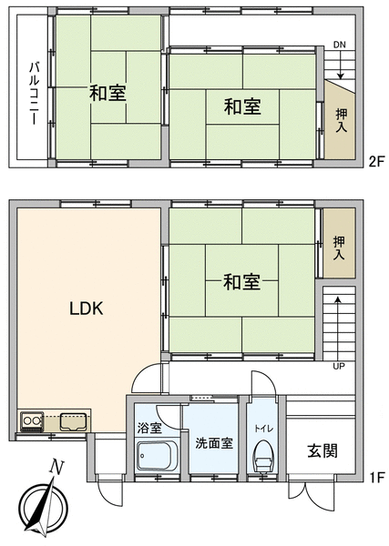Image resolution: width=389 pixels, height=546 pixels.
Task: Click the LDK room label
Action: pyautogui.click(x=87, y=308)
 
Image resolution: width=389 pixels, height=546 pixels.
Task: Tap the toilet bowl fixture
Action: pyautogui.click(x=264, y=455)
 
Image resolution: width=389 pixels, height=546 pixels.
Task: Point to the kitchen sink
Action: pyautogui.click(x=73, y=421)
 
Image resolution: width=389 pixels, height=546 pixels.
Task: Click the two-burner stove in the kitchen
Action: pyautogui.click(x=32, y=421)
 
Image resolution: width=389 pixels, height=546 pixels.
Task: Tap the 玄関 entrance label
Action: pyautogui.click(x=322, y=451)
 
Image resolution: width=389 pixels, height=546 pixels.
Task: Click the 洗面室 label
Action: pyautogui.click(x=214, y=443)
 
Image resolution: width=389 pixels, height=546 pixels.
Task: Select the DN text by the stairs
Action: pyautogui.click(x=340, y=45)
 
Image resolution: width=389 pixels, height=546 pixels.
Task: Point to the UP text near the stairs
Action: pyautogui.click(x=339, y=366)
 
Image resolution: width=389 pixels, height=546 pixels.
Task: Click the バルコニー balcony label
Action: pyautogui.click(x=34, y=93)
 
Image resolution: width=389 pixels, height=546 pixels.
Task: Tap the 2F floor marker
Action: pyautogui.click(x=376, y=162)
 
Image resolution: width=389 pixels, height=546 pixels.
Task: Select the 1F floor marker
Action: pyautogui.click(x=376, y=477)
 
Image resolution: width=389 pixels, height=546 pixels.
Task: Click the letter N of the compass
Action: pyautogui.click(x=56, y=467)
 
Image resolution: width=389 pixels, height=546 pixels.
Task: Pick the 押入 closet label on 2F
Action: pyautogui.click(x=342, y=120)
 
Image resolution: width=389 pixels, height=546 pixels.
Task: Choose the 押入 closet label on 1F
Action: pyautogui.click(x=339, y=248)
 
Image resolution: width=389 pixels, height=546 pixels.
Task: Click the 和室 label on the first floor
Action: pyautogui.click(x=241, y=282)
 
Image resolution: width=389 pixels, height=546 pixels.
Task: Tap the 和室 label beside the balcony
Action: pyautogui.click(x=107, y=93)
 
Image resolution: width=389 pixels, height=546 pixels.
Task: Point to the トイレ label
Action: pyautogui.click(x=264, y=429)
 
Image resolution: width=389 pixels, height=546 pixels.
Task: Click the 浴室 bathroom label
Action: pyautogui.click(x=149, y=428)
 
